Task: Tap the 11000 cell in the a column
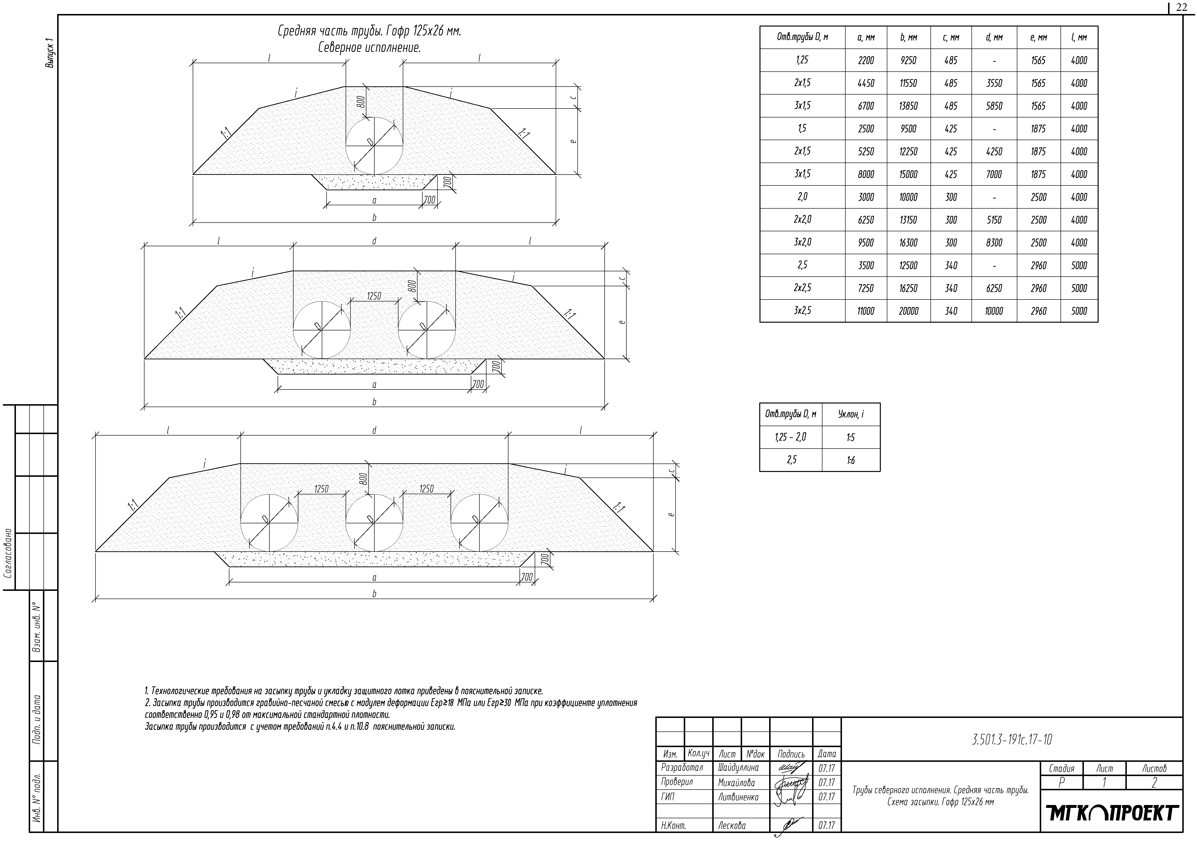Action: pos(866,311)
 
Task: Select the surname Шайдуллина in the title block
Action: pos(738,768)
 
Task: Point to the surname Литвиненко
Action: pos(738,797)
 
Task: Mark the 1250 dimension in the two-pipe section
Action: pos(374,296)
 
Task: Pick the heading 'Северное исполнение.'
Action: pos(369,48)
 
